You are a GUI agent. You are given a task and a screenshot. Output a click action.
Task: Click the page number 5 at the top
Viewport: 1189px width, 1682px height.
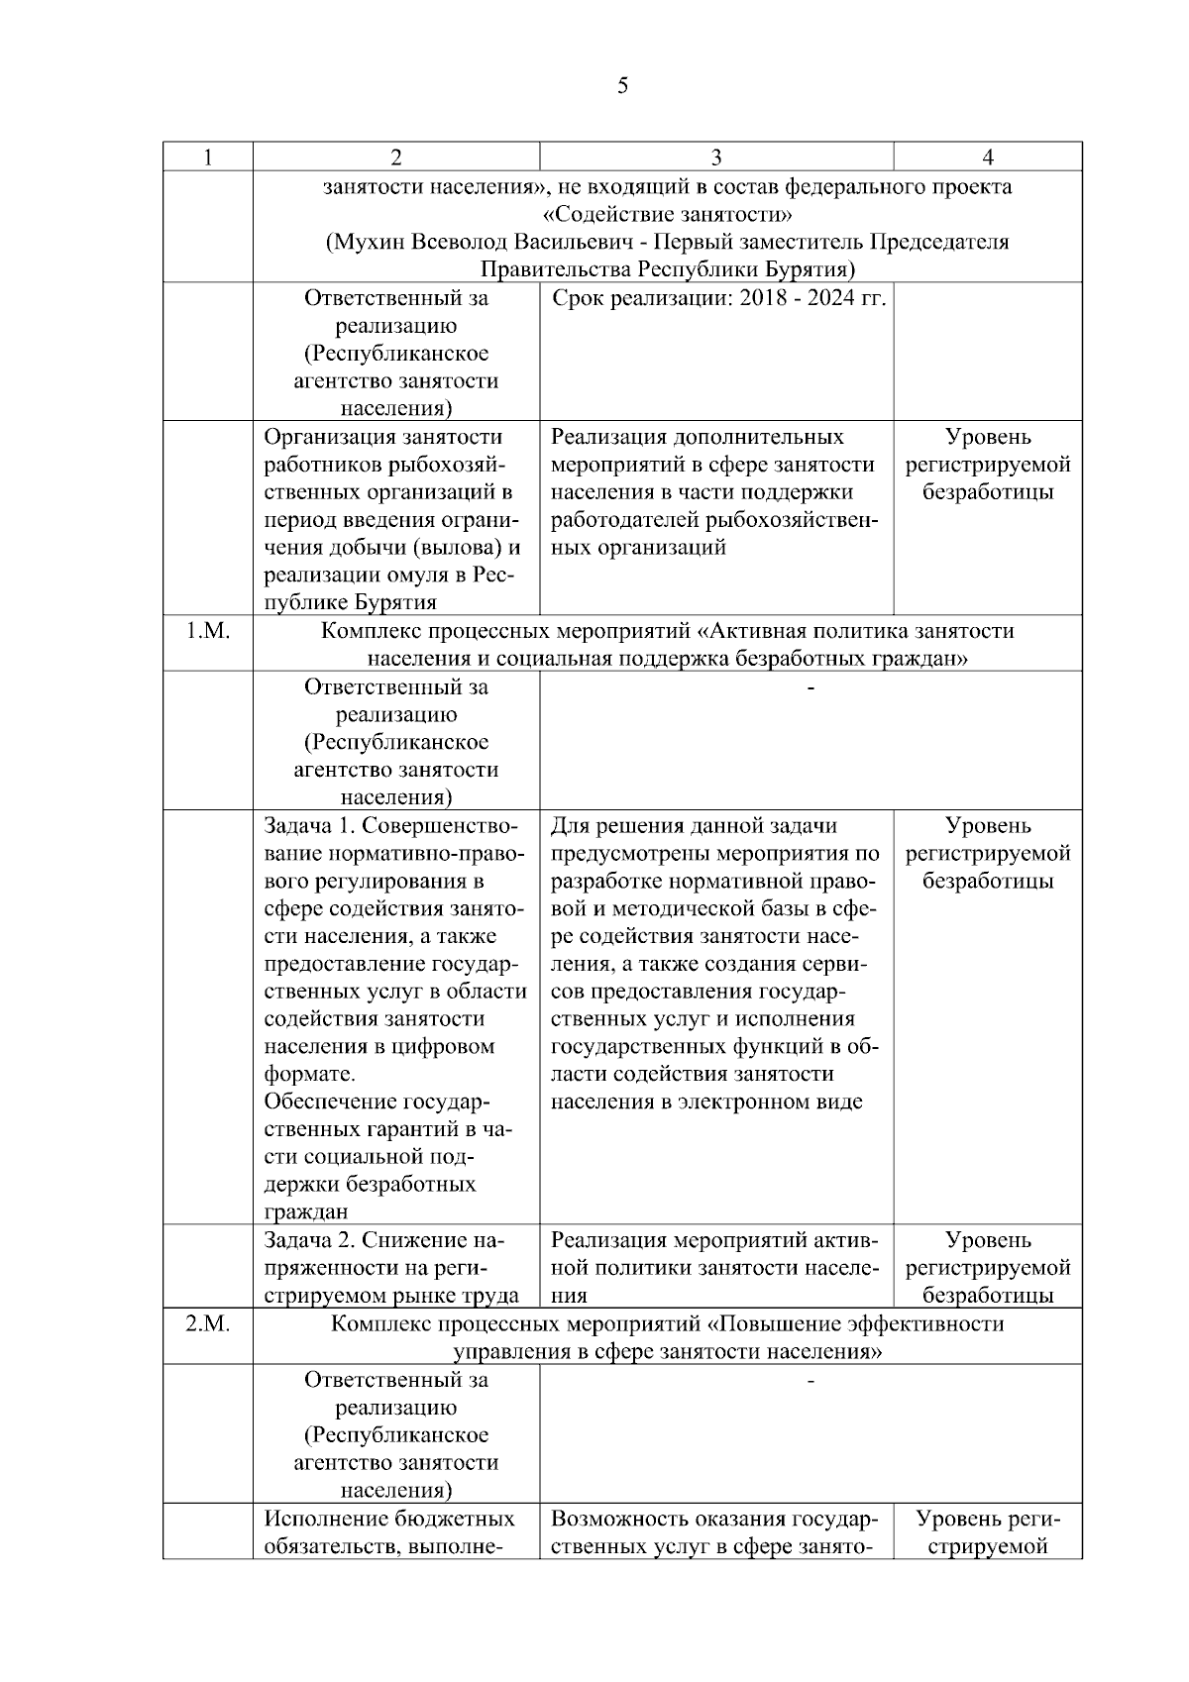point(622,86)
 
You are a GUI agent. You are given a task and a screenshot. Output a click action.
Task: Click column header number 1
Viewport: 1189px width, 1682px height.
point(208,158)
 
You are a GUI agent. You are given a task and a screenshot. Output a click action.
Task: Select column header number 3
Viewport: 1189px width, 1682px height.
point(716,158)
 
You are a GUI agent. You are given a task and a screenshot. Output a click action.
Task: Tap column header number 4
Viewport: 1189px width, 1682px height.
point(987,158)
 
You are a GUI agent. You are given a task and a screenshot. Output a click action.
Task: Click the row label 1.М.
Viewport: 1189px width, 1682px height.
point(208,631)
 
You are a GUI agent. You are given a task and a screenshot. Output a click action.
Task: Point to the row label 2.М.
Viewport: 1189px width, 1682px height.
point(208,1323)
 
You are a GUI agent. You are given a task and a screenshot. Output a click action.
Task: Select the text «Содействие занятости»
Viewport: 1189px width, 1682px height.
point(668,215)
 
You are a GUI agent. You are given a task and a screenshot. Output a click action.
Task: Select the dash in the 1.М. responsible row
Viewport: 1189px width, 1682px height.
point(811,687)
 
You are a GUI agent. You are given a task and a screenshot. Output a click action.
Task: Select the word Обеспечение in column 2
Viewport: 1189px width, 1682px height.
point(330,1103)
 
